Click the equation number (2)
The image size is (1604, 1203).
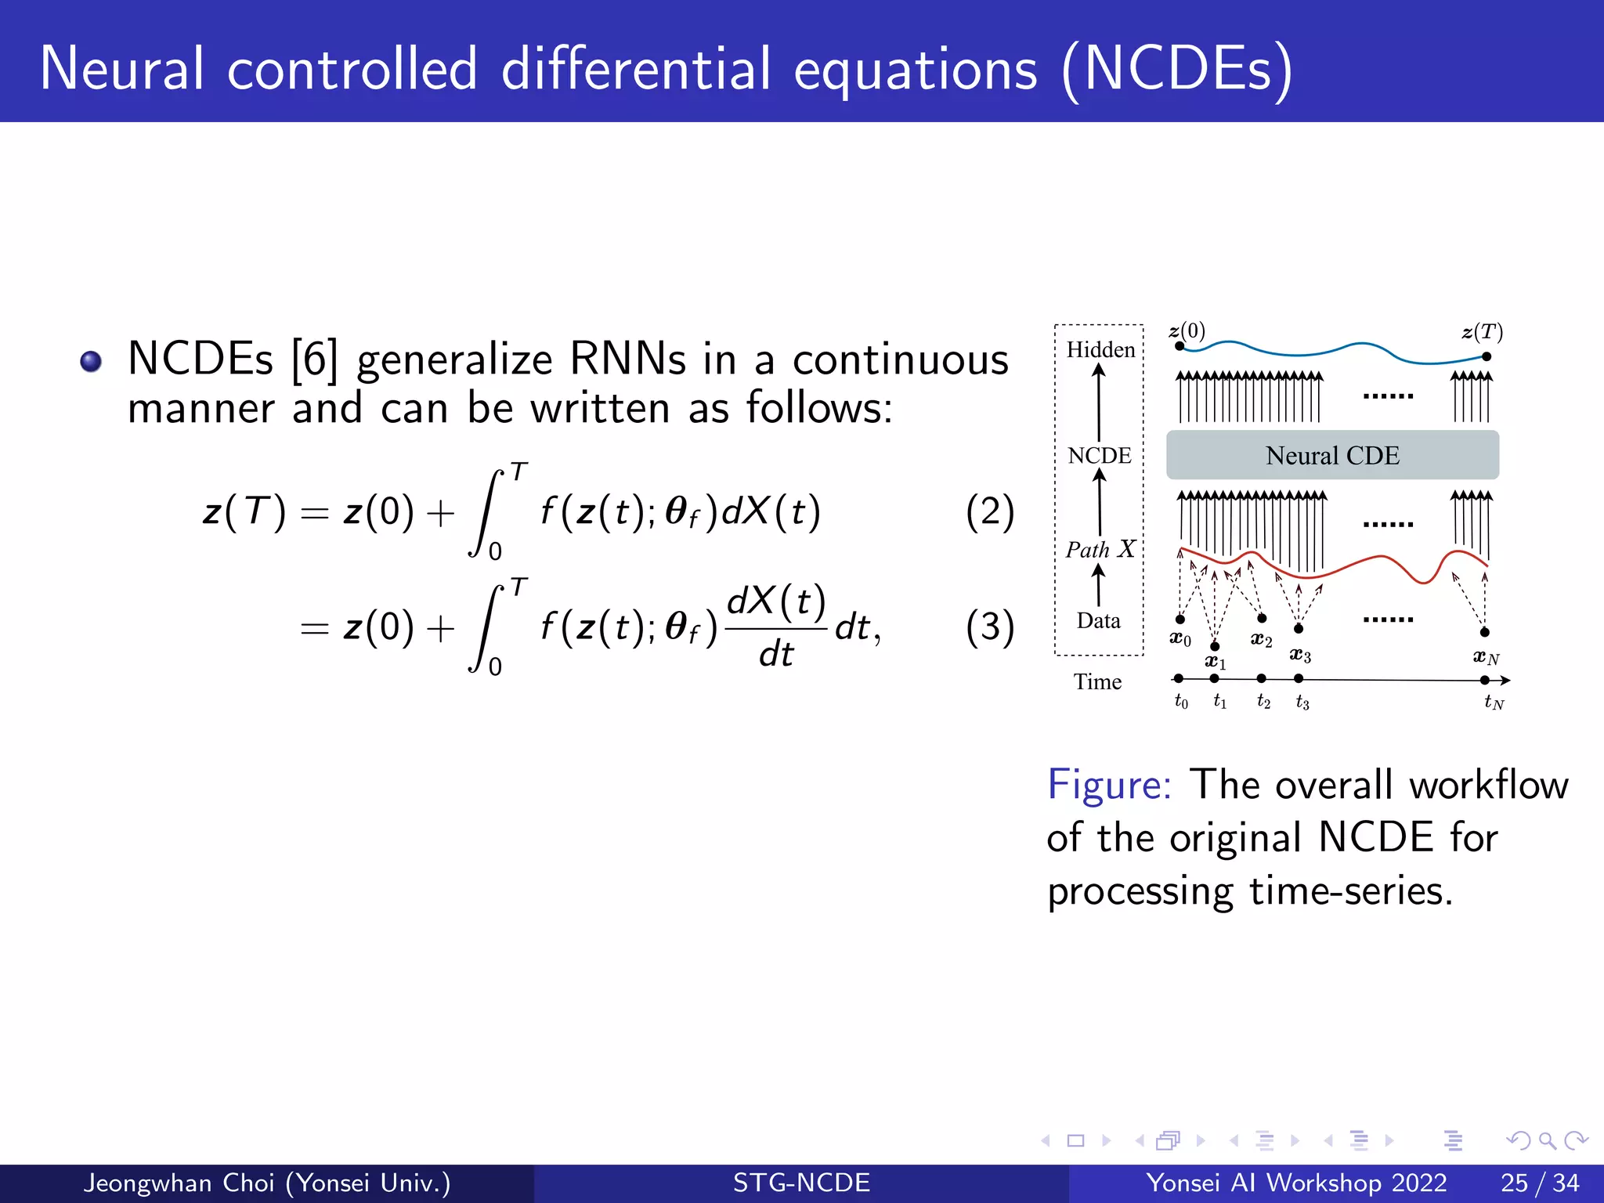990,512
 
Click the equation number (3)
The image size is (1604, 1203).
990,627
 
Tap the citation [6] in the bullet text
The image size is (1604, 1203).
314,360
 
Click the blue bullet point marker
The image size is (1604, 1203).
91,361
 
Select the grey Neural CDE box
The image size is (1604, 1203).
1332,455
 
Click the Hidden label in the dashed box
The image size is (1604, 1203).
1100,349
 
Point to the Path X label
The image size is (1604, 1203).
1100,549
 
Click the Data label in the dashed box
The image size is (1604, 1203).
1098,620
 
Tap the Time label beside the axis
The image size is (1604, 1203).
1097,681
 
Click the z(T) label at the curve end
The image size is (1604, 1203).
1481,332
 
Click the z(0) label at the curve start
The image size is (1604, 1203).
1187,331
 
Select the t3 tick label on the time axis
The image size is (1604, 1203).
1302,702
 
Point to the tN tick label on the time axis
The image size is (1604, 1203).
1494,702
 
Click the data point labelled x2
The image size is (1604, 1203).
1262,619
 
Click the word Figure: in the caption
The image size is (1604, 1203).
1109,785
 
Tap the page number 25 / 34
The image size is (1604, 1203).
1539,1183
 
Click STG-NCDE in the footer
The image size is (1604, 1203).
801,1183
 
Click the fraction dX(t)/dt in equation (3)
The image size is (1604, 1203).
775,627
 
